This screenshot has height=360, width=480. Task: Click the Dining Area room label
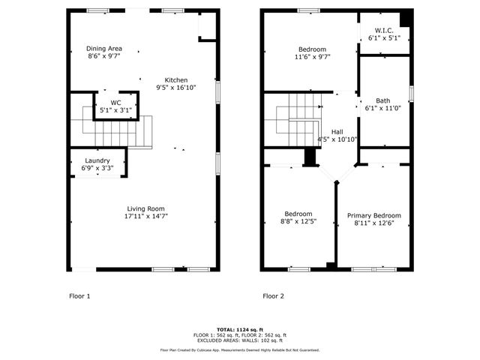(103, 48)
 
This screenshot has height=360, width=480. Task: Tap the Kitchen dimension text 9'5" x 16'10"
(177, 87)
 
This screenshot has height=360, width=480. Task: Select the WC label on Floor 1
(115, 103)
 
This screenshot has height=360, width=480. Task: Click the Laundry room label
(97, 160)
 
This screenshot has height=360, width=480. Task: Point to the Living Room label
(145, 208)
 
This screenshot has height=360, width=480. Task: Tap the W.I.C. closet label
(384, 30)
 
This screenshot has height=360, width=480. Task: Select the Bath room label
(382, 100)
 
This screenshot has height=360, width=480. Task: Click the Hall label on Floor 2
(337, 131)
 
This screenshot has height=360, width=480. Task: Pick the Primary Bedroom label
(373, 215)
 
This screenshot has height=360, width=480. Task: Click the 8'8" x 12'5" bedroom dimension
(297, 221)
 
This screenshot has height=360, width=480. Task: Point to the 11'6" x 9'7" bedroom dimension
(311, 56)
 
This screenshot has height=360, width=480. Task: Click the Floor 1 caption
(79, 296)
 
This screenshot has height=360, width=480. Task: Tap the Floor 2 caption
(273, 296)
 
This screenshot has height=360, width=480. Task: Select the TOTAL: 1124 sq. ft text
(239, 330)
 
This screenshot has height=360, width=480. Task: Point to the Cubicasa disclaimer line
(239, 349)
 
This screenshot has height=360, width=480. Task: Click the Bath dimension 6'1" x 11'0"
(382, 108)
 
